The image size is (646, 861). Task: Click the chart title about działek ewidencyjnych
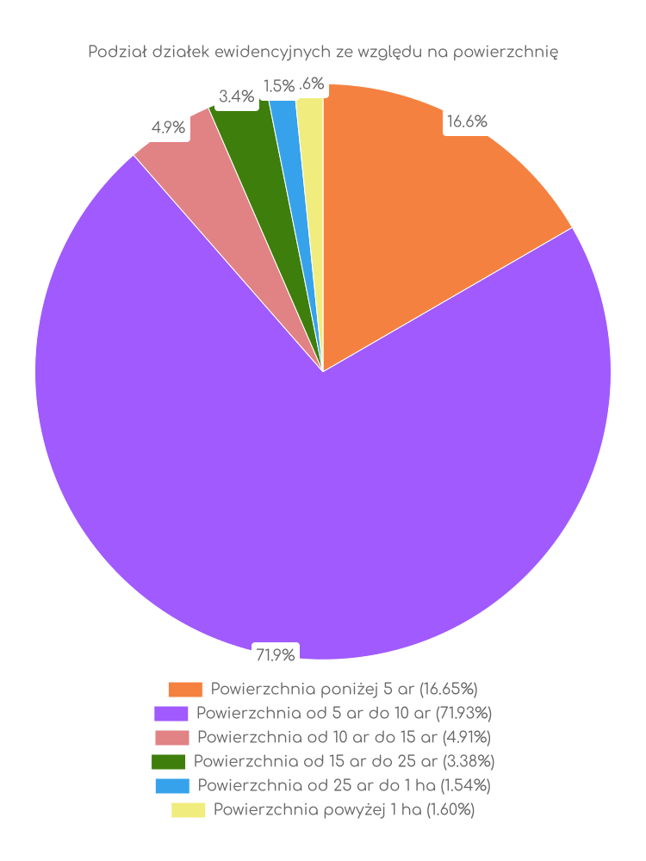pos(323,53)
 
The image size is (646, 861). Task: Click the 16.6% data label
pos(466,122)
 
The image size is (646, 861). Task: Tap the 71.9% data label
pos(275,655)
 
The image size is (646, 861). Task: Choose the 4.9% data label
pos(168,128)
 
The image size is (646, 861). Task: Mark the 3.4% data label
pos(236,96)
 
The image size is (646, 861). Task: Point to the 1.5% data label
pos(278,86)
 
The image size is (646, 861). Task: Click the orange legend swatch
pos(185,690)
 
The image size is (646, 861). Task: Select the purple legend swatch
pos(171,714)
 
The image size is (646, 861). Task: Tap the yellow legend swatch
pos(188,810)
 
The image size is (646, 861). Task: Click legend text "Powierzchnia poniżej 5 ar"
pos(344,689)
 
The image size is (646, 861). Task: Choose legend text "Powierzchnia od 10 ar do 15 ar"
pos(344,737)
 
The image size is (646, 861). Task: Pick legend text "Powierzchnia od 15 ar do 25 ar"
pos(344,761)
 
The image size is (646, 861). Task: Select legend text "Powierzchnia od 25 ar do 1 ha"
pos(344,785)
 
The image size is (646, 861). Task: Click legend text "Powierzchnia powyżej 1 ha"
pos(344,809)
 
